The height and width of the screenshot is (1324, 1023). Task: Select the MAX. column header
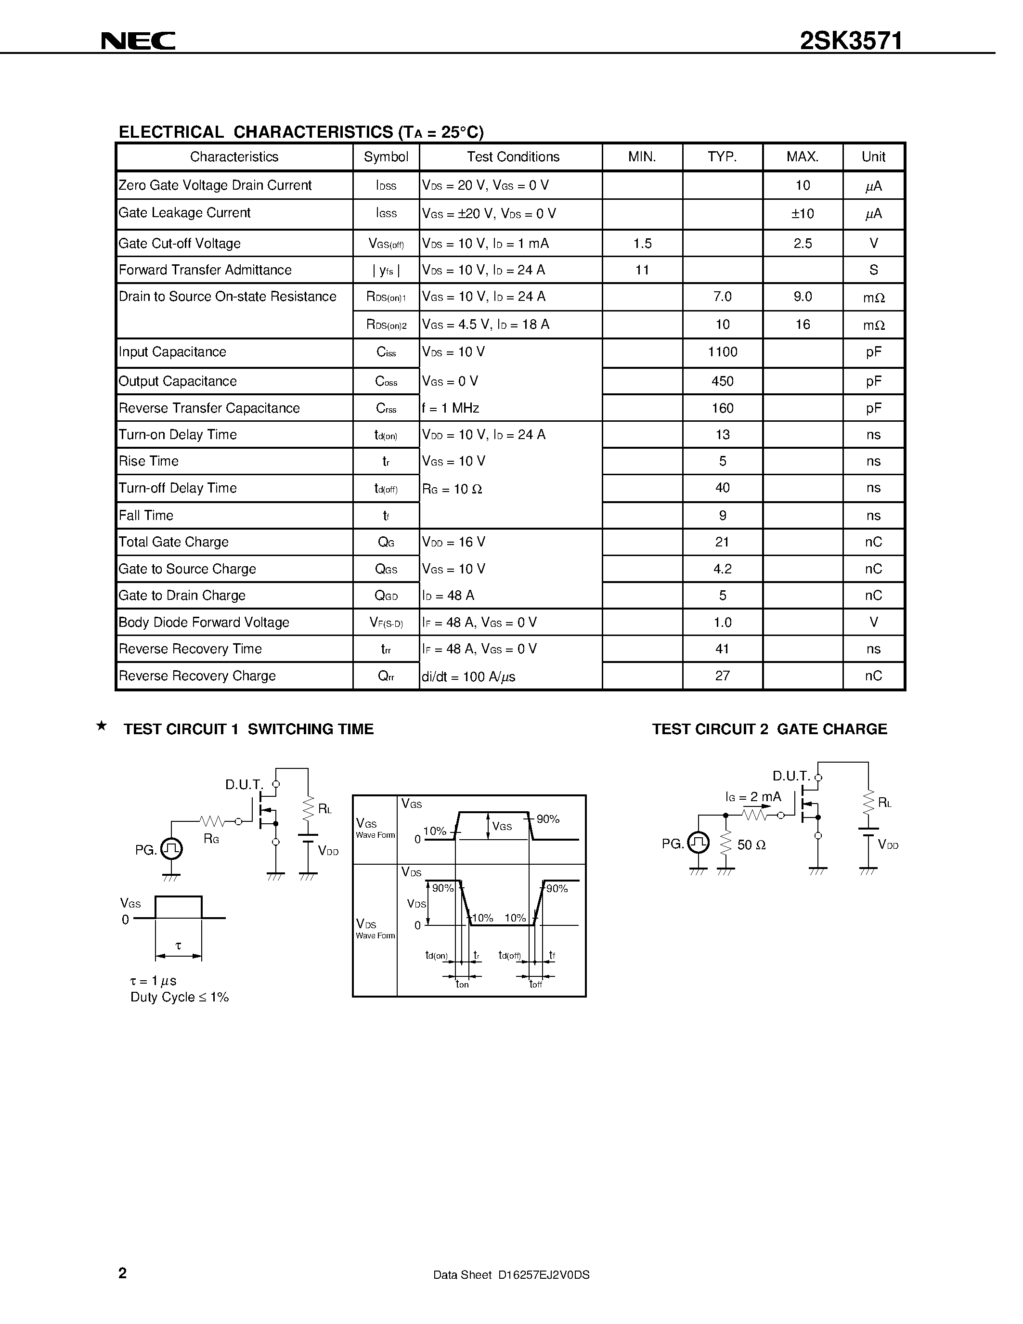tap(803, 157)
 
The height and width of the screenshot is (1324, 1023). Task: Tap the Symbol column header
tap(386, 157)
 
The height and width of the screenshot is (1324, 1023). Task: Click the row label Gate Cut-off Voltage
tap(180, 244)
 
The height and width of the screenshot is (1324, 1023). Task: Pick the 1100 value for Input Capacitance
tap(723, 352)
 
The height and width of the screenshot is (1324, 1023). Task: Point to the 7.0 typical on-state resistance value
tap(723, 297)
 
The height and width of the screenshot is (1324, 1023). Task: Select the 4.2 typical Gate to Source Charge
tap(723, 569)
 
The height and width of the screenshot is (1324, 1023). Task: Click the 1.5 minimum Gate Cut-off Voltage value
tap(642, 244)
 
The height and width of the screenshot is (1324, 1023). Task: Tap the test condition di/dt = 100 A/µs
tap(468, 676)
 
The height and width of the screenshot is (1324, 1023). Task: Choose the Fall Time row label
tap(146, 515)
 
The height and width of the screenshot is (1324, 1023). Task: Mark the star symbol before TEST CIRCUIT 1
tap(102, 726)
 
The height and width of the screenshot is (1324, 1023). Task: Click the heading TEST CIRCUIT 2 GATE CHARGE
tap(769, 729)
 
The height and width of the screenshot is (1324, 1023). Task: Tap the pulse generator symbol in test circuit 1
tap(171, 849)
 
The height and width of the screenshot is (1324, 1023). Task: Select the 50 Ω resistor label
tap(751, 845)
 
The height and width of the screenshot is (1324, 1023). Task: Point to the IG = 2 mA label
tap(753, 797)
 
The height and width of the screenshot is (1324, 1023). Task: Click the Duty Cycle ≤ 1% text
tap(180, 997)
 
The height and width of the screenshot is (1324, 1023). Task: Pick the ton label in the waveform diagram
tap(462, 985)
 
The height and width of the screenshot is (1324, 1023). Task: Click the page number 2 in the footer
tap(122, 1273)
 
